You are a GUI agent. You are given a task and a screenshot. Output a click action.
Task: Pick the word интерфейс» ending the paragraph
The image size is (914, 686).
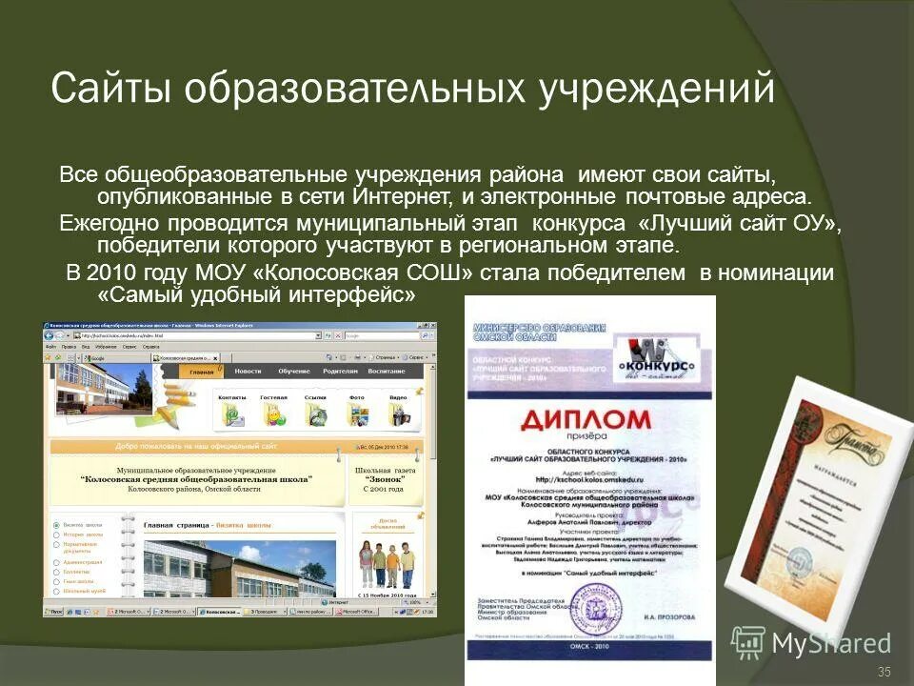pos(352,295)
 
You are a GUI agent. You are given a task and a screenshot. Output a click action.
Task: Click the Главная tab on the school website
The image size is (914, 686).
pos(201,372)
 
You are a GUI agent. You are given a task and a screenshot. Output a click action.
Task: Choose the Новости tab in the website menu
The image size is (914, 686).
pos(248,372)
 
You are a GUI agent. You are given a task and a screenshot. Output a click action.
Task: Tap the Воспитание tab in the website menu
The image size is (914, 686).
pos(387,372)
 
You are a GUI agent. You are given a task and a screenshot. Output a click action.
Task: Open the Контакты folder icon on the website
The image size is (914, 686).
pos(231,411)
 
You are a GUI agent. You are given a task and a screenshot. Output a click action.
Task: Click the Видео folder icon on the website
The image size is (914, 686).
pos(398,411)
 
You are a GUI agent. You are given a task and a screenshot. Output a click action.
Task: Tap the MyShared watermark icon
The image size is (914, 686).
pos(748,640)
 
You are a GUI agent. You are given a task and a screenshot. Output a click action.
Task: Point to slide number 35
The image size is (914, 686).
pos(884,673)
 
